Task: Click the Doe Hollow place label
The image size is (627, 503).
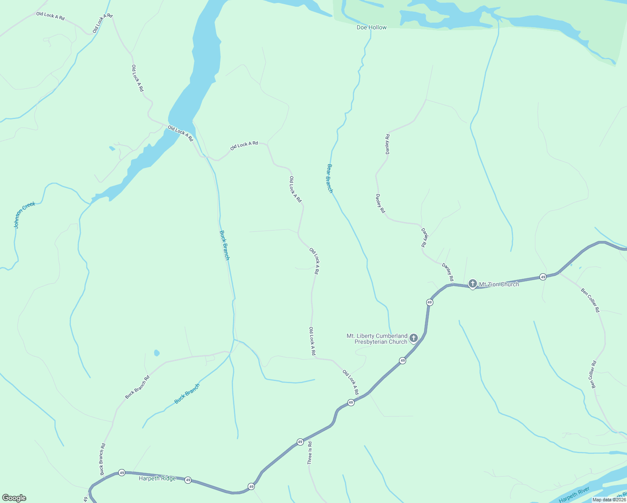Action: (x=371, y=27)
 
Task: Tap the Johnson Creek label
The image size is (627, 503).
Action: (x=24, y=215)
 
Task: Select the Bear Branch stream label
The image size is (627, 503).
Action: (x=330, y=178)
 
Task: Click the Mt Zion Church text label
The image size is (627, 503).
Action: (x=499, y=284)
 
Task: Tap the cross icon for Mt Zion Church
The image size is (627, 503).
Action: (x=472, y=284)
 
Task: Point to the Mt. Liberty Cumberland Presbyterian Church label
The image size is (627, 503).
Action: (x=377, y=339)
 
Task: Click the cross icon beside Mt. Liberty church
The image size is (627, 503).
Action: (x=414, y=338)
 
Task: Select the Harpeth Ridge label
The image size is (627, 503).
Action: (x=157, y=478)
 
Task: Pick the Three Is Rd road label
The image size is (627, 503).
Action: (x=310, y=453)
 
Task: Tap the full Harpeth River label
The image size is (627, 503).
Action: (x=574, y=495)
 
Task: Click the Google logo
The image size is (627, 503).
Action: (x=14, y=498)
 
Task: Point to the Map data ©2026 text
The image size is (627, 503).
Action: (x=609, y=500)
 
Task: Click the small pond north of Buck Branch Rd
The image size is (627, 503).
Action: (x=157, y=353)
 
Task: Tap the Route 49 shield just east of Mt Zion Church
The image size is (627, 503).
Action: (x=543, y=277)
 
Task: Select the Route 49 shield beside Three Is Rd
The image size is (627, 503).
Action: (x=300, y=442)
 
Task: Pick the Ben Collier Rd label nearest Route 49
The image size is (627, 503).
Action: (x=590, y=300)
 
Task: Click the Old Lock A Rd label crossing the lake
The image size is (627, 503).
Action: (x=180, y=133)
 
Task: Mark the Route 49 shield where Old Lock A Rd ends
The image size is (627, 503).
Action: (x=351, y=402)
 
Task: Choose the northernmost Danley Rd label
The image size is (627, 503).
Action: (x=388, y=144)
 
